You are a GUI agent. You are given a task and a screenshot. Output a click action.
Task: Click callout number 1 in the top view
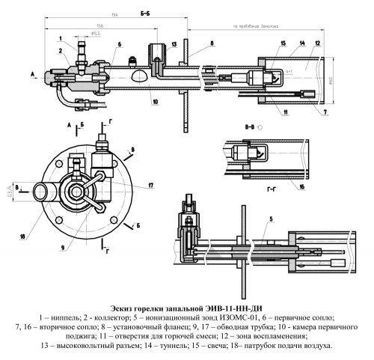click(59, 36)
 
